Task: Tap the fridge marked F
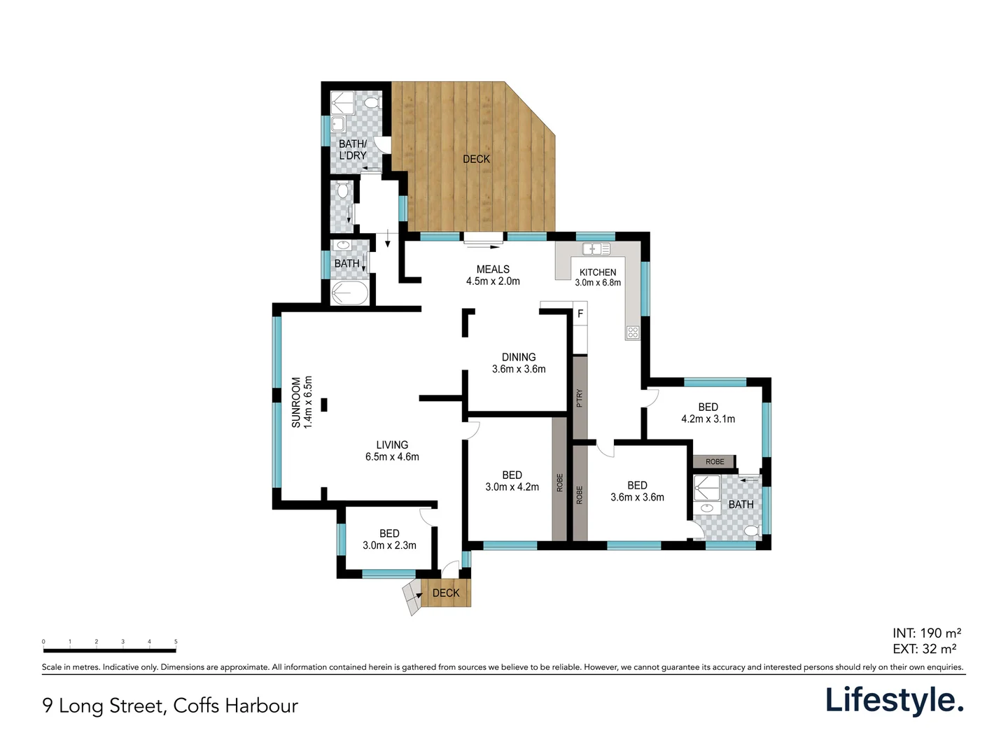580,314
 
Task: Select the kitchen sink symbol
596,248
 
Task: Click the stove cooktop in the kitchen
632,332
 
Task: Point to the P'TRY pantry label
579,398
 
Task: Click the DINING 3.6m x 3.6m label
518,363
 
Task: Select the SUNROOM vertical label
302,402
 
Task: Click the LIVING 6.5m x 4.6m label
392,450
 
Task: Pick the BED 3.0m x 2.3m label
389,539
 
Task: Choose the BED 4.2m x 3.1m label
708,412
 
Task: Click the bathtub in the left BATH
349,293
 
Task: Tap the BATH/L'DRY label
352,149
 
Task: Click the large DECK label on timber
476,159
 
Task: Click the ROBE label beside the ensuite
714,462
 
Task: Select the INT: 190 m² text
926,633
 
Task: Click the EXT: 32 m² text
924,649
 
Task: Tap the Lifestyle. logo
894,700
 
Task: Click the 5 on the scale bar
176,641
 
